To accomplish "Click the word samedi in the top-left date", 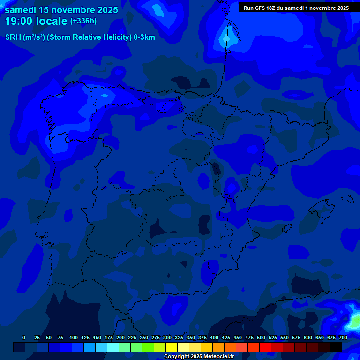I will pyautogui.click(x=22, y=10).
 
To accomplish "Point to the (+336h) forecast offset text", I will pyautogui.click(x=83, y=21).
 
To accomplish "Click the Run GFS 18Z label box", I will pyautogui.click(x=296, y=8).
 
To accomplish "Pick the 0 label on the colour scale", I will pyautogui.click(x=24, y=337).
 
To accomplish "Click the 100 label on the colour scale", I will pyautogui.click(x=73, y=337).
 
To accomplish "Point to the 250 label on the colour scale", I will pyautogui.click(x=143, y=337).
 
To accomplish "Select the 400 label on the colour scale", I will pyautogui.click(x=214, y=337).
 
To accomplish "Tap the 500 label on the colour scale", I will pyautogui.click(x=261, y=337).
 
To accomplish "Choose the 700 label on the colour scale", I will pyautogui.click(x=343, y=337).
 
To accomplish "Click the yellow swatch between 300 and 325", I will pyautogui.click(x=172, y=347).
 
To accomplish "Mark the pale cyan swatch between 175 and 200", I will pyautogui.click(x=113, y=347).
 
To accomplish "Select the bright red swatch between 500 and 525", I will pyautogui.click(x=265, y=347).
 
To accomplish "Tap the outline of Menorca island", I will pyautogui.click(x=347, y=199).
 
